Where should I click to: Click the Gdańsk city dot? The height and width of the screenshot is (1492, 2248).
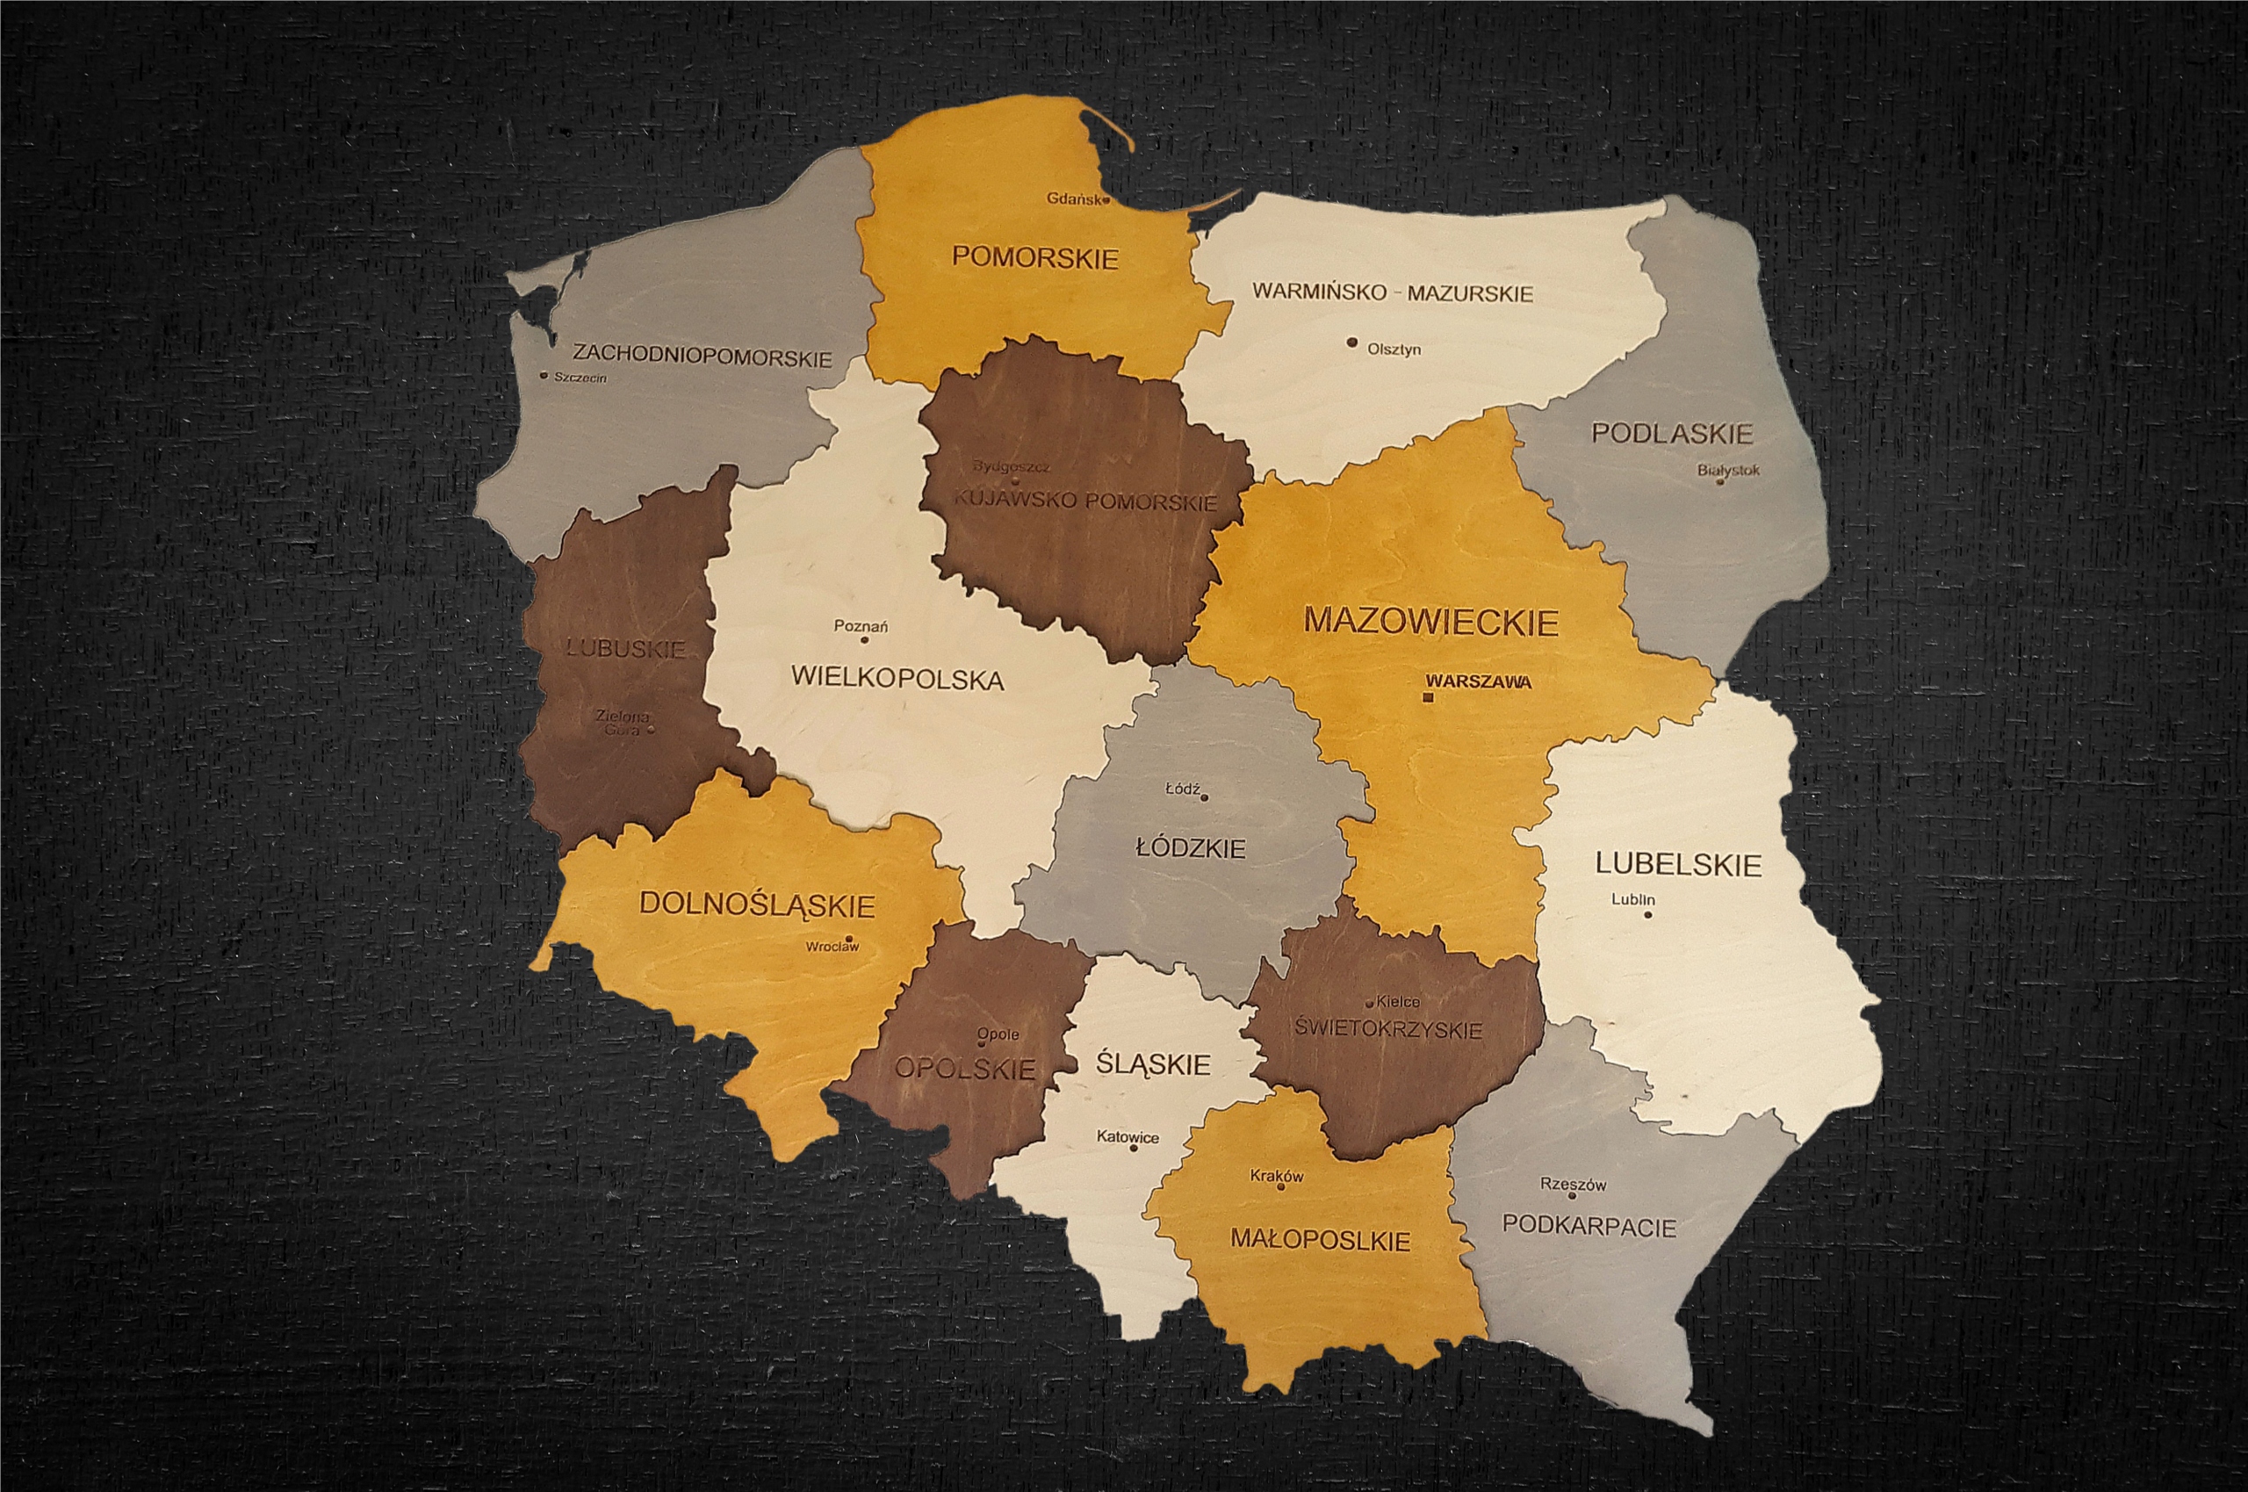(1106, 201)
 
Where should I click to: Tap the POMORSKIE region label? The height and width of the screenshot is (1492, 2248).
(1035, 257)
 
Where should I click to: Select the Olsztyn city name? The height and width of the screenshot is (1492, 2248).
(1394, 350)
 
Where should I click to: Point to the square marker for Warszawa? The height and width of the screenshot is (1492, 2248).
(1427, 698)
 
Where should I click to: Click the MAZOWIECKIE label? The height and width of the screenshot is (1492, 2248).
(1430, 622)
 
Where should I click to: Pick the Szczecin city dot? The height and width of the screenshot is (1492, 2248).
(544, 375)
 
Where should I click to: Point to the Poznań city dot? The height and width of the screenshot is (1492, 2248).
(865, 639)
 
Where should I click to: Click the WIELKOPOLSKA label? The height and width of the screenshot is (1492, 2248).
(897, 680)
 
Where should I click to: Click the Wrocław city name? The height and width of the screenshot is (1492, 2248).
(832, 947)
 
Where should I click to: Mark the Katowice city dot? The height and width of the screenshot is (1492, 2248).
(1133, 1148)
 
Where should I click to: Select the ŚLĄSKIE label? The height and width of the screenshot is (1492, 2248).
(1152, 1063)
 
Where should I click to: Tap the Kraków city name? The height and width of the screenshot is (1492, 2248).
(1277, 1175)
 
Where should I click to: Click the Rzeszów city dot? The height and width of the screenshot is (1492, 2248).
(1572, 1195)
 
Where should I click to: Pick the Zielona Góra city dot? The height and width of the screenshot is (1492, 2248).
(651, 730)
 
